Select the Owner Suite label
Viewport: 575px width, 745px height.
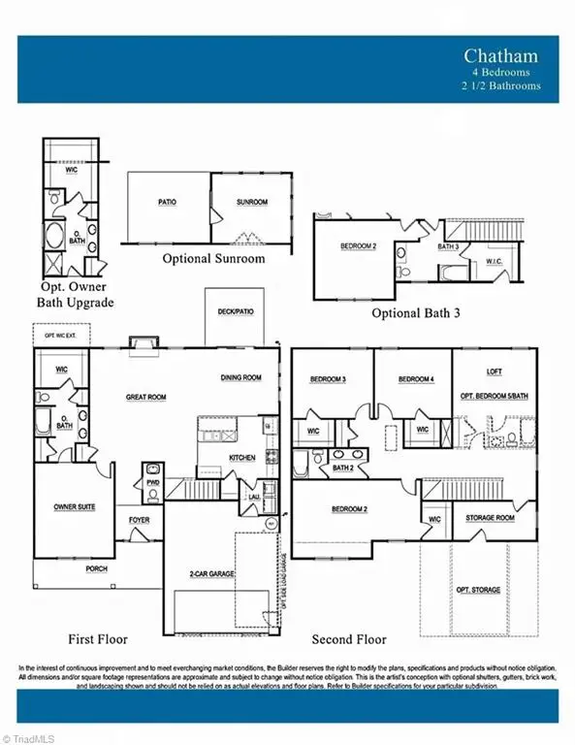click(x=73, y=506)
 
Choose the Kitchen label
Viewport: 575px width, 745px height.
click(x=241, y=457)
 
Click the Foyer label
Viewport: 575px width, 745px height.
click(x=139, y=521)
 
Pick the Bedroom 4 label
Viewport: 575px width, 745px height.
click(x=416, y=378)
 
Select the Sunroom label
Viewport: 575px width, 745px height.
click(x=252, y=203)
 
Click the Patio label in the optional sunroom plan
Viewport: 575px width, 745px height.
click(x=167, y=203)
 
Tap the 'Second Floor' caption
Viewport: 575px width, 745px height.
click(x=348, y=639)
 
